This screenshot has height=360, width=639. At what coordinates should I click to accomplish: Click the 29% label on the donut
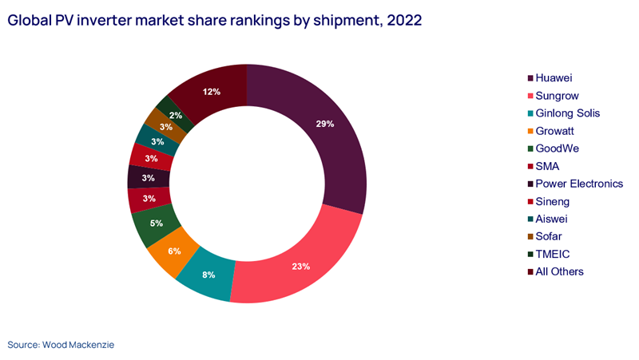click(324, 125)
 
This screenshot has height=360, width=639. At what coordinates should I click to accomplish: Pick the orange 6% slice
click(175, 251)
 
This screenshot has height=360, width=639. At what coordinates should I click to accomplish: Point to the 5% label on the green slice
click(157, 224)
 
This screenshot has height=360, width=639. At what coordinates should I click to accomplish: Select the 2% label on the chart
click(176, 115)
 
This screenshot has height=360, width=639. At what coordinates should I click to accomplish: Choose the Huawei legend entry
click(555, 78)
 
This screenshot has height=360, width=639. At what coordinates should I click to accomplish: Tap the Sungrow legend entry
click(558, 96)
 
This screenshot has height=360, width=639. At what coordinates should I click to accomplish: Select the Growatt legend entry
click(558, 131)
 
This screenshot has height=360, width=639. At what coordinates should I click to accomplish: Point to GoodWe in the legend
click(559, 148)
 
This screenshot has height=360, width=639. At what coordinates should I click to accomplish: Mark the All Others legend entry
click(560, 271)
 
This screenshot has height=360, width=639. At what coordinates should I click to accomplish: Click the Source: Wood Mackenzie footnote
click(61, 345)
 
